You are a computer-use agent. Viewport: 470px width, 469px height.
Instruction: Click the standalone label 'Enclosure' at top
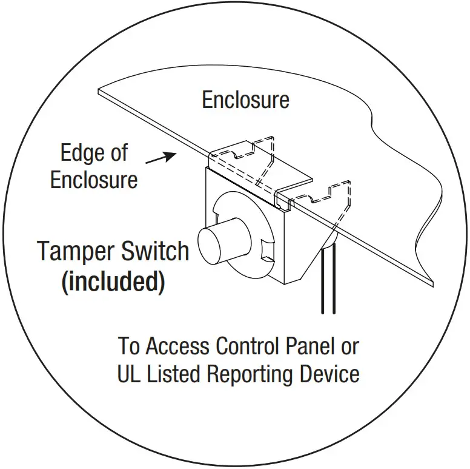click(245, 100)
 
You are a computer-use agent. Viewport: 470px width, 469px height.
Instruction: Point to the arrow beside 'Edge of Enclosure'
click(161, 158)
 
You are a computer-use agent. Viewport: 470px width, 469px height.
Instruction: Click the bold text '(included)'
click(113, 282)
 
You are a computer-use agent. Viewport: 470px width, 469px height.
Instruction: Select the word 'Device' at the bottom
click(333, 374)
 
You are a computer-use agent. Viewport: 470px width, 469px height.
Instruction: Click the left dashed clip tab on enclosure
click(254, 152)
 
